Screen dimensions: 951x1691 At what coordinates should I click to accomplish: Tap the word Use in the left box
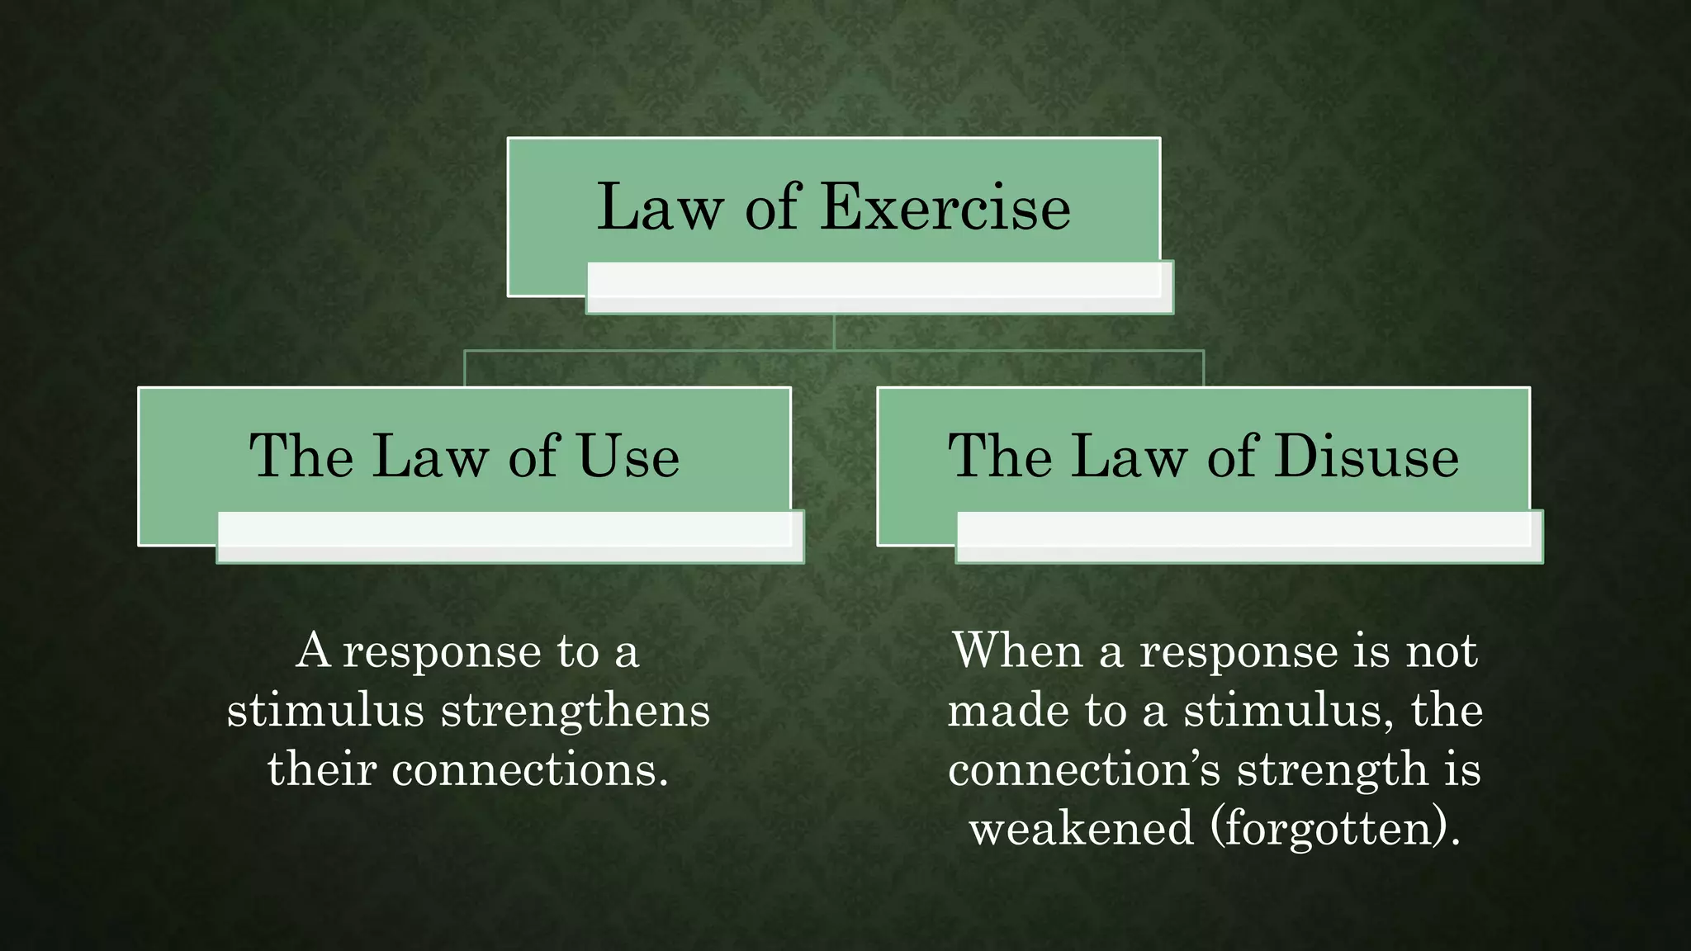[628, 456]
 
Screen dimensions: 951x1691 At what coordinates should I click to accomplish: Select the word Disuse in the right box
[1366, 456]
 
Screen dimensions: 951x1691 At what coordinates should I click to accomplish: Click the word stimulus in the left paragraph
[325, 710]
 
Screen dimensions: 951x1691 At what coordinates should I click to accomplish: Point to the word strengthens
[576, 710]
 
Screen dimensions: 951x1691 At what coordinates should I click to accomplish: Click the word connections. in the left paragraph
[529, 769]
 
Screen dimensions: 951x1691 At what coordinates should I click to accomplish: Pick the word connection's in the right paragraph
[1084, 769]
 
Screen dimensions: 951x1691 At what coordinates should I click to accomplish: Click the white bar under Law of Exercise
[879, 287]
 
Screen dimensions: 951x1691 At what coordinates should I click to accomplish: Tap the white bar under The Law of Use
[509, 537]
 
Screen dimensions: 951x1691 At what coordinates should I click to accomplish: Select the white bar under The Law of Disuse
[1248, 537]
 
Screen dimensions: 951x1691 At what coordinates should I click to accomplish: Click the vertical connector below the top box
[834, 332]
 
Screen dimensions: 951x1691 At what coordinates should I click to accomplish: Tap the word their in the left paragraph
[322, 769]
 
